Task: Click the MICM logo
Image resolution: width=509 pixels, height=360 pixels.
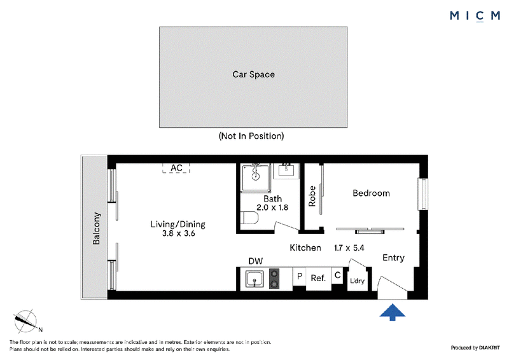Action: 475,15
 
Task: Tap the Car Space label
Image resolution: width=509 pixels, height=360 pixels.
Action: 253,74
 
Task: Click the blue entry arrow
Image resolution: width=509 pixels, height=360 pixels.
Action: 393,312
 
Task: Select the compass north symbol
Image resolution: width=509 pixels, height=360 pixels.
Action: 27,321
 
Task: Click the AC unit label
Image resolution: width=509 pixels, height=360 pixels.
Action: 176,168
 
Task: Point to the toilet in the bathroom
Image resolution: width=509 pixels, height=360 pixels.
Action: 250,218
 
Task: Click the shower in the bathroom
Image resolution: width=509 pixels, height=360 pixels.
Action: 256,178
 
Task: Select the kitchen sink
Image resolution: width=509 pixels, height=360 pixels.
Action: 255,279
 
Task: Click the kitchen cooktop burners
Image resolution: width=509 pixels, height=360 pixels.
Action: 274,279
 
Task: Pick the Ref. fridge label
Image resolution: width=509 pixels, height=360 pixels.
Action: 318,278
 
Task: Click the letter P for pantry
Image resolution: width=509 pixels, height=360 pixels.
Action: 300,276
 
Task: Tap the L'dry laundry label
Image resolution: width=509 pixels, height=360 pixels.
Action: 357,280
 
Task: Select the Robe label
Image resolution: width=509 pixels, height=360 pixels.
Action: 312,196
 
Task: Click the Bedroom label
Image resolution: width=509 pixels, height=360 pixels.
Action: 371,193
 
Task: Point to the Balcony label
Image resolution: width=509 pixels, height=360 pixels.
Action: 97,228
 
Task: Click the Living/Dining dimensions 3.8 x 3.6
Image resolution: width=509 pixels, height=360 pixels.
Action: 179,233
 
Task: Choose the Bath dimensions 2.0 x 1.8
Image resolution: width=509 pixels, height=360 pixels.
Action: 272,207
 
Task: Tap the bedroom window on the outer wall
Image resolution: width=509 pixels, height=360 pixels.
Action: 423,194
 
